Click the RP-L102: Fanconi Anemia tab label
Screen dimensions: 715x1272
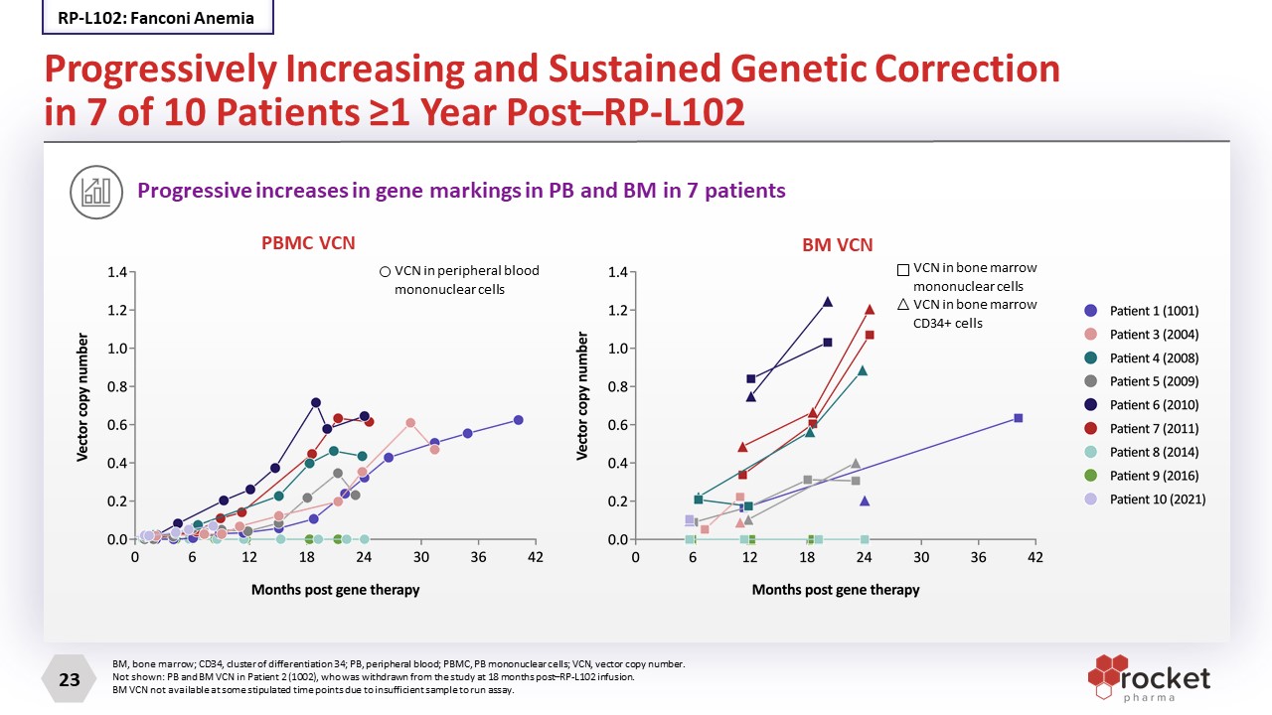click(156, 18)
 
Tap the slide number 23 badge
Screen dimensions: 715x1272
click(70, 680)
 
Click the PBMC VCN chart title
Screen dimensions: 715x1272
click(307, 243)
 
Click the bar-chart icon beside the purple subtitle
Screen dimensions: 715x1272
click(96, 191)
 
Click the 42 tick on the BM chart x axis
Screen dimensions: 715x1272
click(1035, 558)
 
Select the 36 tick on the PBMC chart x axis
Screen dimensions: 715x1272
click(478, 558)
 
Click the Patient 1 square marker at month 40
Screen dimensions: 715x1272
click(1018, 418)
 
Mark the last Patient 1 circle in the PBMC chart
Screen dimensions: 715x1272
click(518, 420)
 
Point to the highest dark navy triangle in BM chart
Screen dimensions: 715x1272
click(828, 302)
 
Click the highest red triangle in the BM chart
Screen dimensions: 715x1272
click(870, 310)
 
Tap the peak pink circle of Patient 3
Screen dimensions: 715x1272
click(410, 423)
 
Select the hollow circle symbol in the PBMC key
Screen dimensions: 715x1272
click(385, 270)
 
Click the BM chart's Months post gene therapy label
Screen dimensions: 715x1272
click(835, 590)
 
